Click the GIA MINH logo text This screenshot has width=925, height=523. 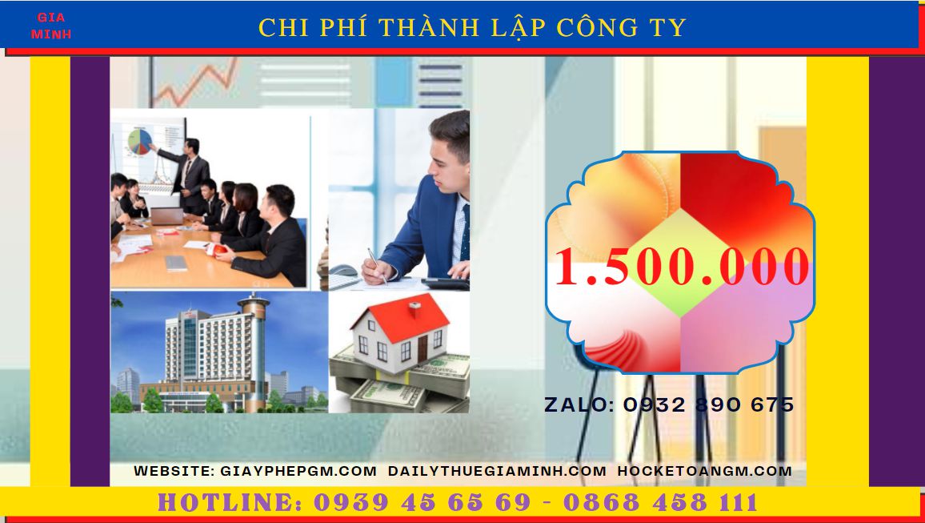[51, 26]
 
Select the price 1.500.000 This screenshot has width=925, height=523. [681, 267]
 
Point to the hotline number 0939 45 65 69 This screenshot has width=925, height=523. [422, 503]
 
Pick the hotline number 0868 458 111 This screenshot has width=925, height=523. [660, 503]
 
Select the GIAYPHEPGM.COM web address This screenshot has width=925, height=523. [298, 471]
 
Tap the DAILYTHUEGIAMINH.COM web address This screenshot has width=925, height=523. [497, 471]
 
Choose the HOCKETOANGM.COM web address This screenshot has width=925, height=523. [705, 471]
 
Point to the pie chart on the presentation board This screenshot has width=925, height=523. [139, 141]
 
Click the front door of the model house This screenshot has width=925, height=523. [422, 348]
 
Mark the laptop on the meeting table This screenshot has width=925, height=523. [167, 215]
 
